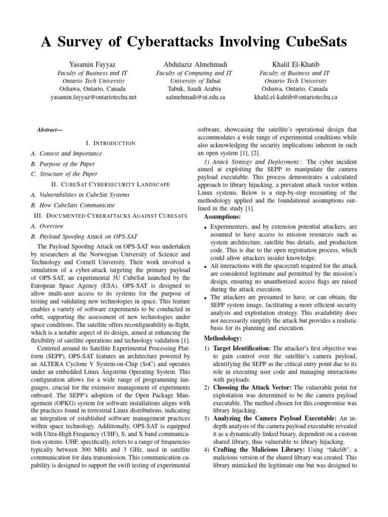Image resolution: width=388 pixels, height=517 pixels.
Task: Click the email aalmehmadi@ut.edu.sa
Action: [x=195, y=97]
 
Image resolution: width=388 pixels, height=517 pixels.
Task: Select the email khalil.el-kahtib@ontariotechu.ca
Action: [x=296, y=97]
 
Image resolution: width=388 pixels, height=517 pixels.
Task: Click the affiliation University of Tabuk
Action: [x=195, y=81]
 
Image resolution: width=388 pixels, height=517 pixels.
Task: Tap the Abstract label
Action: [x=50, y=130]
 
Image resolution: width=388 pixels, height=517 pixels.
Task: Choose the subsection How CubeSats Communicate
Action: [x=73, y=205]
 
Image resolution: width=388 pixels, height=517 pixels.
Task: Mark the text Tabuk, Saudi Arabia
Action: [x=195, y=89]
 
